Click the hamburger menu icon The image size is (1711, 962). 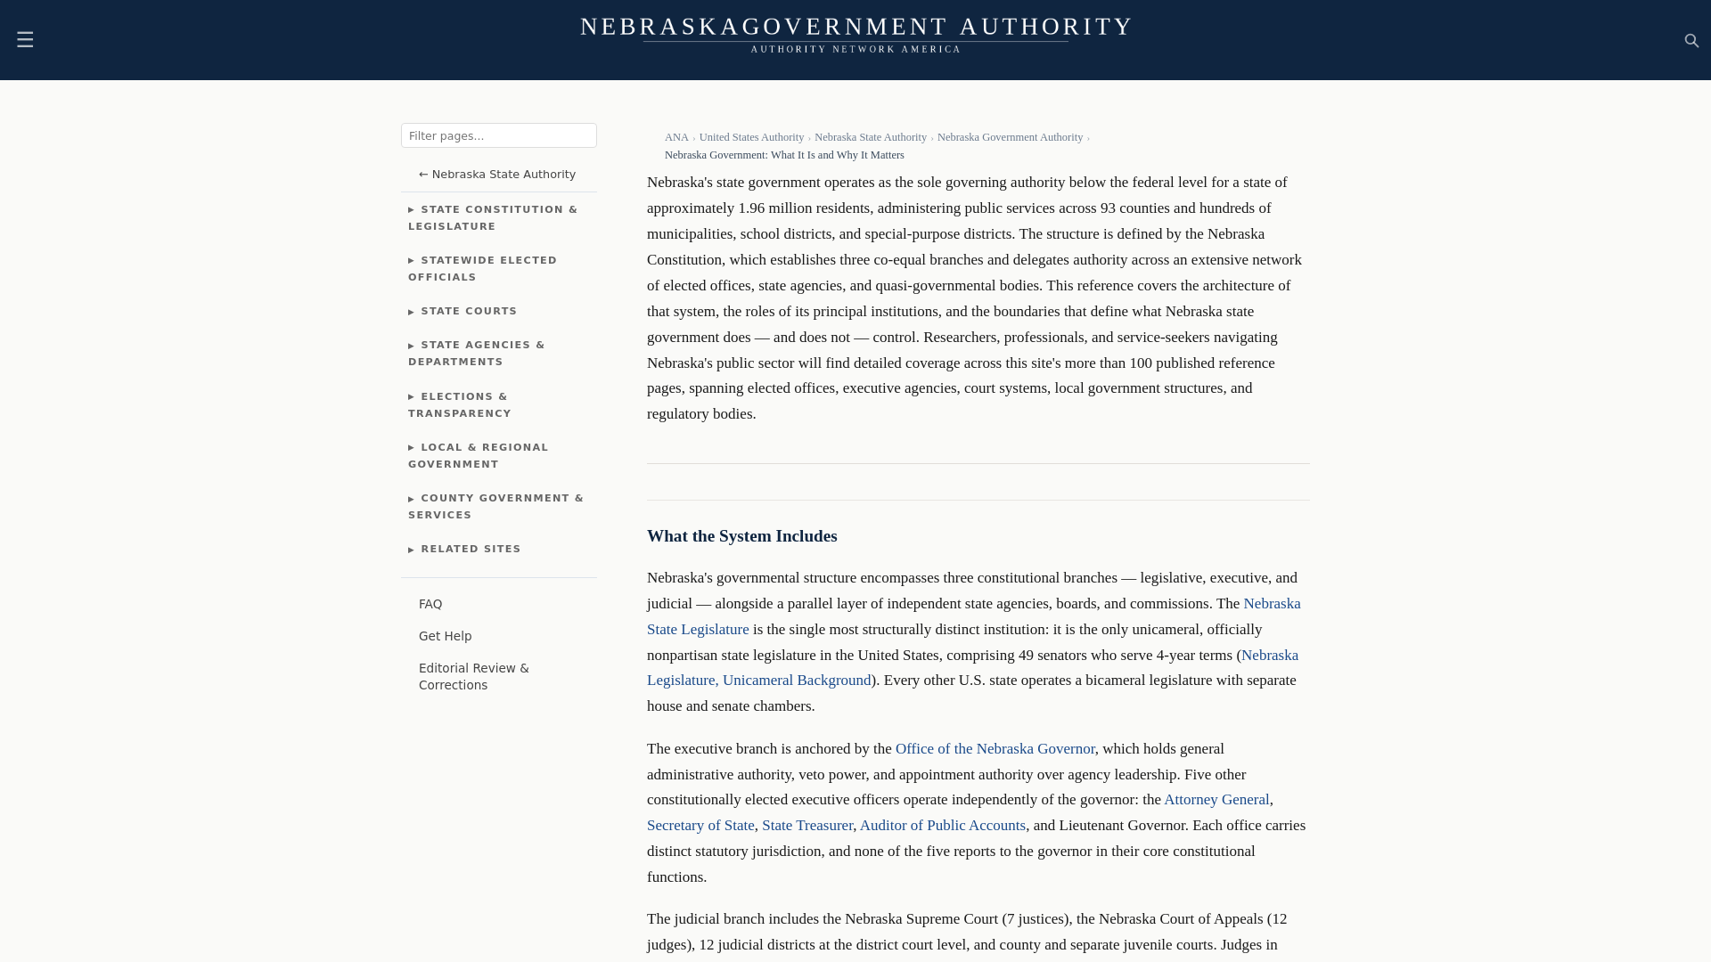[x=25, y=40]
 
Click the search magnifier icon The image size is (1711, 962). [x=1691, y=41]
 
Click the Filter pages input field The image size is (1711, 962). [x=498, y=135]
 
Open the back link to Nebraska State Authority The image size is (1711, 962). [x=497, y=175]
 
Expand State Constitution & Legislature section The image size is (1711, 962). [x=493, y=218]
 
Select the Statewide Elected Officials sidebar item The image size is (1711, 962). [x=482, y=269]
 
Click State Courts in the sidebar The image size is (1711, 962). [x=469, y=312]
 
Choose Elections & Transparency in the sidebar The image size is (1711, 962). [x=460, y=405]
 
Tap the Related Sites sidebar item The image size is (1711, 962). [x=471, y=550]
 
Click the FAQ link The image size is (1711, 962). [x=430, y=604]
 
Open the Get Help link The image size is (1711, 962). [x=445, y=636]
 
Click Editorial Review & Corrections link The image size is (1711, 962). [x=473, y=677]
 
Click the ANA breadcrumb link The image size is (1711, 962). [x=676, y=137]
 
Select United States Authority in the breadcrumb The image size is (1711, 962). [x=751, y=137]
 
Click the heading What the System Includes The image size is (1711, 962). [x=741, y=536]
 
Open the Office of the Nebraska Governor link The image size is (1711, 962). [x=995, y=749]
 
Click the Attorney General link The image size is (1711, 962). [x=1216, y=800]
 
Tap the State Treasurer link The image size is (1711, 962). [x=806, y=826]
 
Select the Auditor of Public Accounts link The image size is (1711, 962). [x=942, y=826]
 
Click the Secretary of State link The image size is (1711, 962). [x=700, y=826]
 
